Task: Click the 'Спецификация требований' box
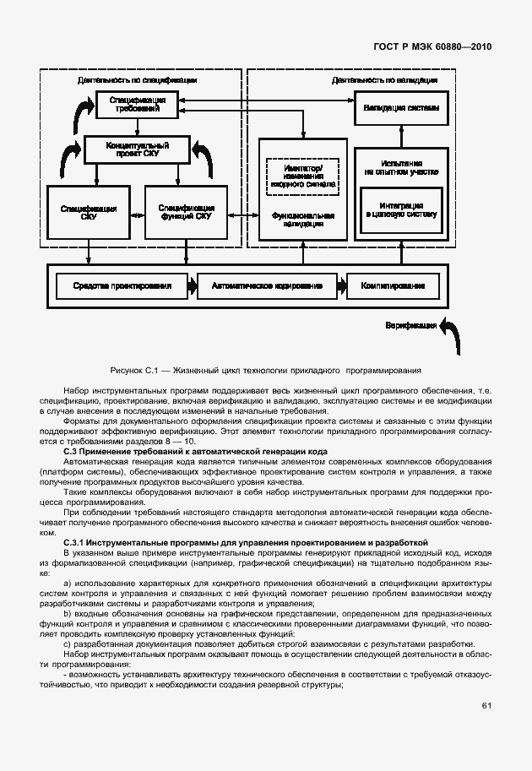[137, 105]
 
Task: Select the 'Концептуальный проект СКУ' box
[137, 150]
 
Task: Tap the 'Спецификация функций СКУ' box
[186, 211]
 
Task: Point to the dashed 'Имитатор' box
[303, 174]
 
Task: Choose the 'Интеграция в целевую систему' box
[400, 209]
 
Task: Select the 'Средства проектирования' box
[122, 286]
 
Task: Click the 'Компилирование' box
[393, 286]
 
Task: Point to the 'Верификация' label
[411, 325]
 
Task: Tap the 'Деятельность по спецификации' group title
[137, 80]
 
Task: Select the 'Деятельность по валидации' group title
[385, 80]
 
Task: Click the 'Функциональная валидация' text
[303, 220]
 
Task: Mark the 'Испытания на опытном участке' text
[400, 166]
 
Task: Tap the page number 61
[486, 706]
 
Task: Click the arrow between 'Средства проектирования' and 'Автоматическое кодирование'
[191, 286]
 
